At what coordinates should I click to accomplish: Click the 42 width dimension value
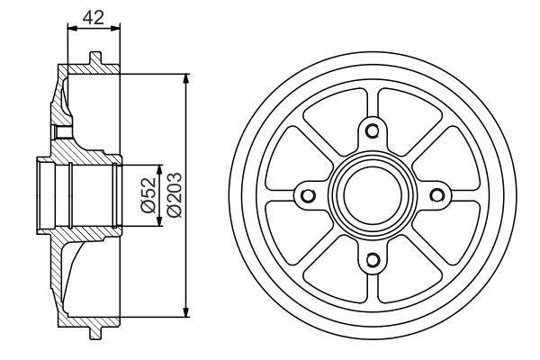coord(92,15)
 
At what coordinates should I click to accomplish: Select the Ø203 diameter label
coord(174,193)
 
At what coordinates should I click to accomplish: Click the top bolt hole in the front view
coord(371,130)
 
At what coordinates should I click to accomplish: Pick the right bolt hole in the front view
coord(436,195)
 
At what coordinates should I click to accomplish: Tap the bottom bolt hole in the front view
coord(371,261)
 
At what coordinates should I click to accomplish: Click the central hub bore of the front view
coord(371,195)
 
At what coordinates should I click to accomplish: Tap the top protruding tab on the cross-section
coord(93,58)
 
